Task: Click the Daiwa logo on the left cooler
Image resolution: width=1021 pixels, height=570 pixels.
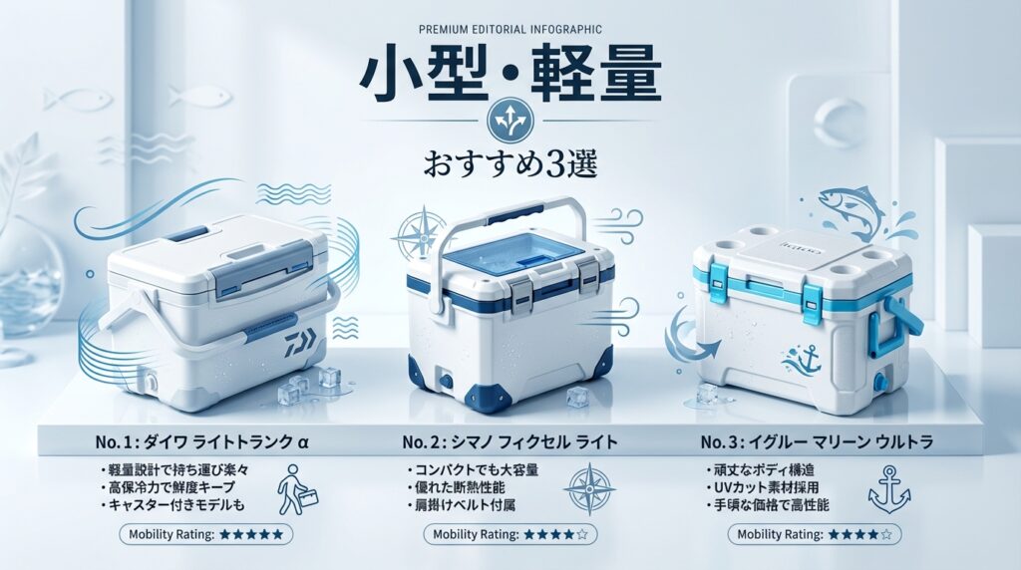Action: pos(300,342)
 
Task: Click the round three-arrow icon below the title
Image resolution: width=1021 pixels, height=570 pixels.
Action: pos(510,120)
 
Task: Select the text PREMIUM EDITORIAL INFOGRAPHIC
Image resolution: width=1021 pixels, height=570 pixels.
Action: pos(510,29)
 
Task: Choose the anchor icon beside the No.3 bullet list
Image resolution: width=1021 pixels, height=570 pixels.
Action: pos(888,489)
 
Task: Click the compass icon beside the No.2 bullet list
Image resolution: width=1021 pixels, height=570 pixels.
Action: pos(588,488)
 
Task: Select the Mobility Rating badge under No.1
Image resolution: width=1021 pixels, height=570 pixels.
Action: pos(205,534)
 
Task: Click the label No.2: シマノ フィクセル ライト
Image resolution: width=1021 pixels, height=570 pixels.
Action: pos(510,442)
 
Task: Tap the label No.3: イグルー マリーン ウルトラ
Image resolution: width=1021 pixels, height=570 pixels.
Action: pos(817,442)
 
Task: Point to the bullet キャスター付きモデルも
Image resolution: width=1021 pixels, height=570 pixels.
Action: pos(172,505)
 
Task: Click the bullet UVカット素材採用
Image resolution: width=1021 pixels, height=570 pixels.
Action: pos(763,487)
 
